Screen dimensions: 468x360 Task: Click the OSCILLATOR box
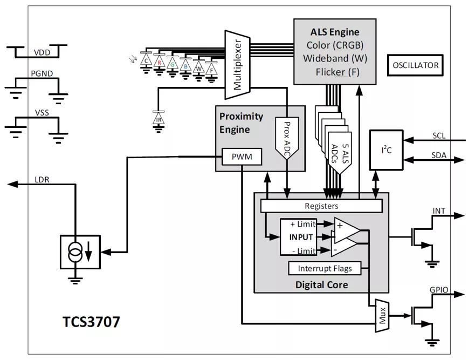click(x=415, y=65)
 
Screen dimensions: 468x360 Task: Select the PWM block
click(x=242, y=157)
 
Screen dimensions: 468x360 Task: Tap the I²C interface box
click(x=387, y=150)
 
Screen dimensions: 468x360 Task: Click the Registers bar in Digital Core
click(x=321, y=206)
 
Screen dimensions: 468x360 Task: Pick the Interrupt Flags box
click(x=325, y=269)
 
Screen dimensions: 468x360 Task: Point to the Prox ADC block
click(x=286, y=138)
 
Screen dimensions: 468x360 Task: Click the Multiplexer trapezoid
click(x=237, y=65)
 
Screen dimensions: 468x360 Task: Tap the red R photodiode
click(x=160, y=63)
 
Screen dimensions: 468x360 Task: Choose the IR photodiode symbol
click(x=159, y=119)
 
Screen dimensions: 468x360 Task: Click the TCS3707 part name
click(x=91, y=322)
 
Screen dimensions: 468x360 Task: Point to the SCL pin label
click(x=439, y=135)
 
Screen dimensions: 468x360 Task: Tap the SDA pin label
click(x=439, y=155)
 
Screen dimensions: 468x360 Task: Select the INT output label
click(x=439, y=211)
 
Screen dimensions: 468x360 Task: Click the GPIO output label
click(x=439, y=290)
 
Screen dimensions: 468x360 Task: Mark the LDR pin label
click(x=42, y=180)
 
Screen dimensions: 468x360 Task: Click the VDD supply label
click(x=42, y=52)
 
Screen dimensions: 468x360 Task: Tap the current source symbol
click(x=80, y=252)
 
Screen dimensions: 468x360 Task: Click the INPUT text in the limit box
click(x=301, y=237)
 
